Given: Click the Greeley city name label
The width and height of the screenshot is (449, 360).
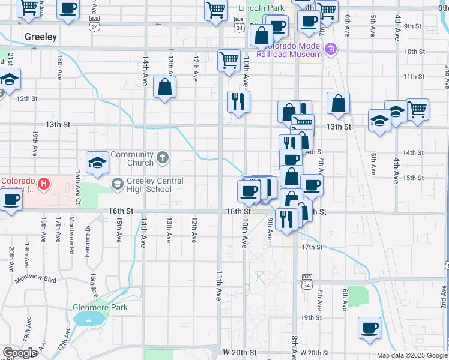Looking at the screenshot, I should [41, 37].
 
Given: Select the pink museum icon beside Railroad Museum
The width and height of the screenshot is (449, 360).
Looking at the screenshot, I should [329, 49].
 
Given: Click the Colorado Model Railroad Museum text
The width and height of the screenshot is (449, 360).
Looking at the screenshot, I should [291, 49].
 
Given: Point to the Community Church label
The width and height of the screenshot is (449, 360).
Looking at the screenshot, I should [132, 158].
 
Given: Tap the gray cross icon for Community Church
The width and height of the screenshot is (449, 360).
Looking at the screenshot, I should [162, 158].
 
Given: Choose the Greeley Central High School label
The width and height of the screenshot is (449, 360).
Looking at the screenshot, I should [149, 185].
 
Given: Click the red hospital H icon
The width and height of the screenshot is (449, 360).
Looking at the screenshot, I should [42, 183].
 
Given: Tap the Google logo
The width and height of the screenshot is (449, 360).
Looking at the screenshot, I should [20, 353].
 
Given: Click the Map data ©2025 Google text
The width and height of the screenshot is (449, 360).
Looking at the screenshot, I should [412, 355].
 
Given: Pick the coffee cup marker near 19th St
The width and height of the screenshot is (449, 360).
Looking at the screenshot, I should [369, 328].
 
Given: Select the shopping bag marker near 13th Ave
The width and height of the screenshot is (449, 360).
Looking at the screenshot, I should [164, 88].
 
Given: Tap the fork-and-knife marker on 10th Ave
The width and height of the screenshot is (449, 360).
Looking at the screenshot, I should [239, 102].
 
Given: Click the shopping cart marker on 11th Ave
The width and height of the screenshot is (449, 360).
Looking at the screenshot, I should [229, 61].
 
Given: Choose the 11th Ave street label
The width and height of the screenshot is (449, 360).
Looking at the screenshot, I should [219, 285].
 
